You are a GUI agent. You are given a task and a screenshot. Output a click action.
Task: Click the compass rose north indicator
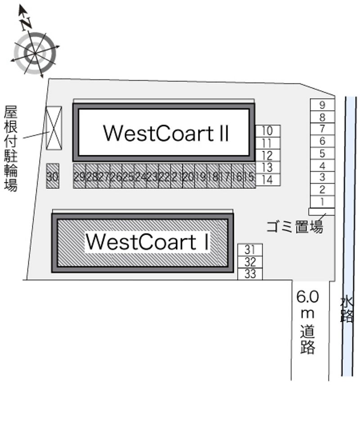[26, 21]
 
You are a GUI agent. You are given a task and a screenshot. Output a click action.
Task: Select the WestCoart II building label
[166, 133]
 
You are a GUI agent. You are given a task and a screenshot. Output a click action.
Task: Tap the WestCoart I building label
[147, 242]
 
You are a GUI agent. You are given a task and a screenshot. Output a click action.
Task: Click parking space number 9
[322, 105]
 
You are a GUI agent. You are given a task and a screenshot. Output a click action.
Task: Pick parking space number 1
[322, 202]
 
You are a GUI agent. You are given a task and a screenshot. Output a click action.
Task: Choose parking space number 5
[322, 153]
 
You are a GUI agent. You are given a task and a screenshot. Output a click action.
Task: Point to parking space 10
[267, 131]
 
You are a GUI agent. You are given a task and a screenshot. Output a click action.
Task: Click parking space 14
[267, 180]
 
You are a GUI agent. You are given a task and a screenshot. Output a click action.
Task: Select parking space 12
[267, 156]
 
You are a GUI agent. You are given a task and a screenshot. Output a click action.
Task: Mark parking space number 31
[250, 249]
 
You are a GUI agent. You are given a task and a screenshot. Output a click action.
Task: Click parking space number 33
[250, 274]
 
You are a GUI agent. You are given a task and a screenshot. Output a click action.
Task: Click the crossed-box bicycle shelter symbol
[53, 128]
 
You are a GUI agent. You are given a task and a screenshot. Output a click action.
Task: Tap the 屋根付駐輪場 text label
[11, 148]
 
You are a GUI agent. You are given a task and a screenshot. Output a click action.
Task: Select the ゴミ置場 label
[295, 226]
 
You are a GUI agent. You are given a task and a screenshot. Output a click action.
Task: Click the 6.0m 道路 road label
[308, 322]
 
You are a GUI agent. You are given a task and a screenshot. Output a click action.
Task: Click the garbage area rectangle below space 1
[322, 211]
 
